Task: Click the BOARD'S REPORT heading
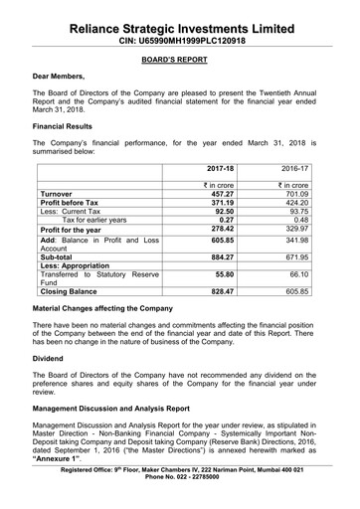179,58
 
